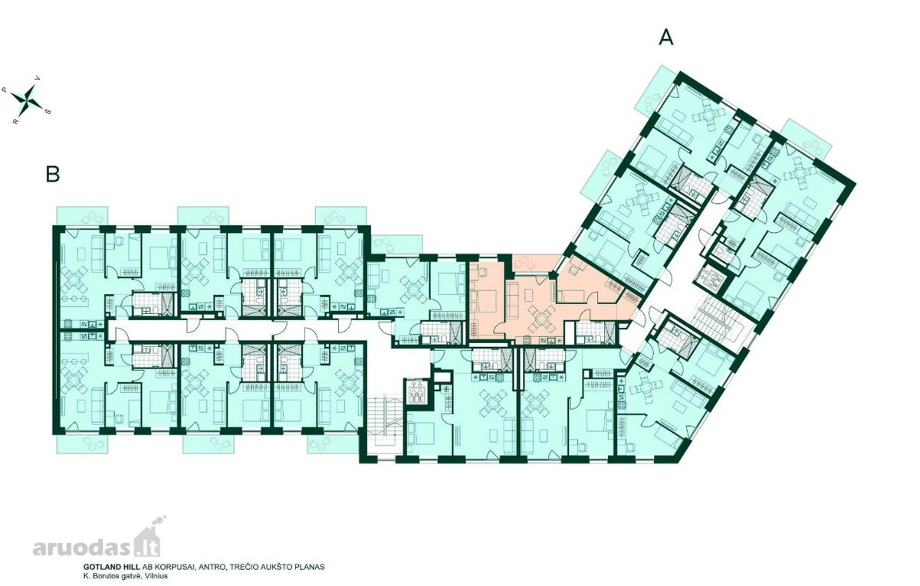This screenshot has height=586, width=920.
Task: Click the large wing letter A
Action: pos(666,38)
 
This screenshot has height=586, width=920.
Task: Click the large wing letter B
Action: pos(53,174)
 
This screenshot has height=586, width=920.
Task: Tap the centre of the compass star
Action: pos(27,100)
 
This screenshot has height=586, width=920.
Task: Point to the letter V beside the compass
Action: pos(38,77)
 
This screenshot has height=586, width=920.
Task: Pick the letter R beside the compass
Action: pos(15,122)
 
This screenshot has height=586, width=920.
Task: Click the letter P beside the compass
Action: pos(5,89)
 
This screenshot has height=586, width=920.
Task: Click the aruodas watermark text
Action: pos(84,548)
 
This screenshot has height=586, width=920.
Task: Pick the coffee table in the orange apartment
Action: pos(530,294)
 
